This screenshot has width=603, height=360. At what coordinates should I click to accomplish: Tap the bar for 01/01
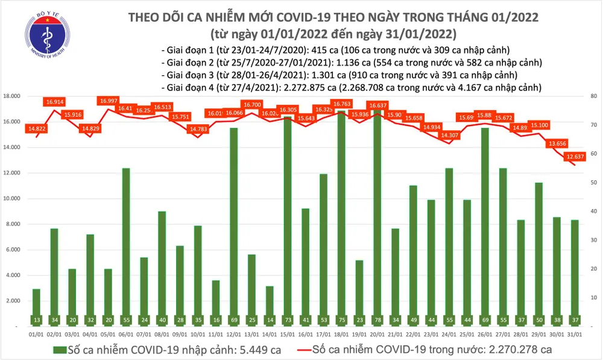(x=36, y=307)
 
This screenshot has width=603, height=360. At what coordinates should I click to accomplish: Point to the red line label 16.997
(x=110, y=101)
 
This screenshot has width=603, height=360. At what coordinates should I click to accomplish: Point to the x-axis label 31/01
(x=575, y=335)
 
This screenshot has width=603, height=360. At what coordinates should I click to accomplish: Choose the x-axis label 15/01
(x=288, y=335)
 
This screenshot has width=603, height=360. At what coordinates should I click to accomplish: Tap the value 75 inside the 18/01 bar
(x=341, y=319)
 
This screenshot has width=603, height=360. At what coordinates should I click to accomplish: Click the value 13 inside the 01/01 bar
(x=36, y=319)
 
